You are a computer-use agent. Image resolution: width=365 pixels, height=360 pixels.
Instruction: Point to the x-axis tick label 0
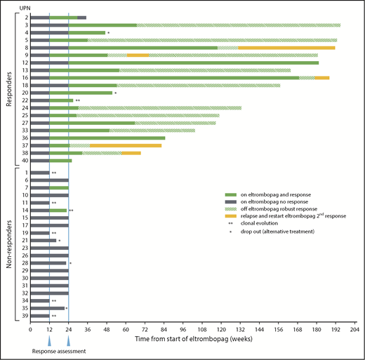[31, 328]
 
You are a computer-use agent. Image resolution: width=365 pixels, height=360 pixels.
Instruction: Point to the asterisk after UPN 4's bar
[109, 32]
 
